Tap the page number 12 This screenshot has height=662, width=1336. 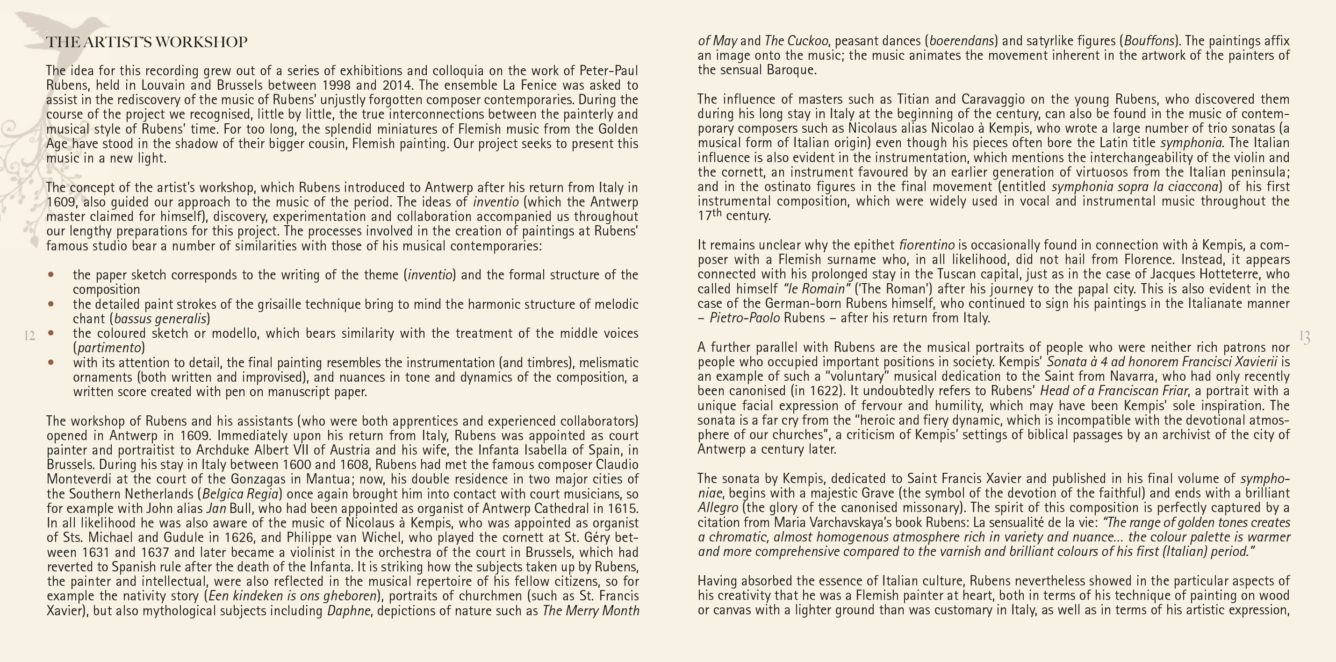point(29,336)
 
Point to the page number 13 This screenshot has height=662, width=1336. point(1305,337)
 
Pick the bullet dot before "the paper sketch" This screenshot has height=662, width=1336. point(51,274)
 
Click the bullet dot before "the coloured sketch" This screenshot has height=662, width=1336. point(51,333)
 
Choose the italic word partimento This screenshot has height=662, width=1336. point(109,347)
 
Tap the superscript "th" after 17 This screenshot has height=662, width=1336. point(717,213)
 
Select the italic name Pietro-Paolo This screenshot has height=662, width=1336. point(744,318)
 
